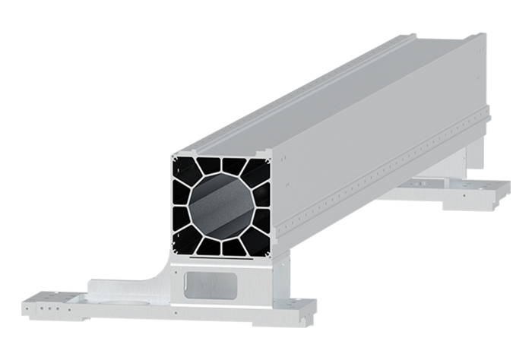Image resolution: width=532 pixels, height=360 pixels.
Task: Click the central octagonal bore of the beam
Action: coord(221,205)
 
